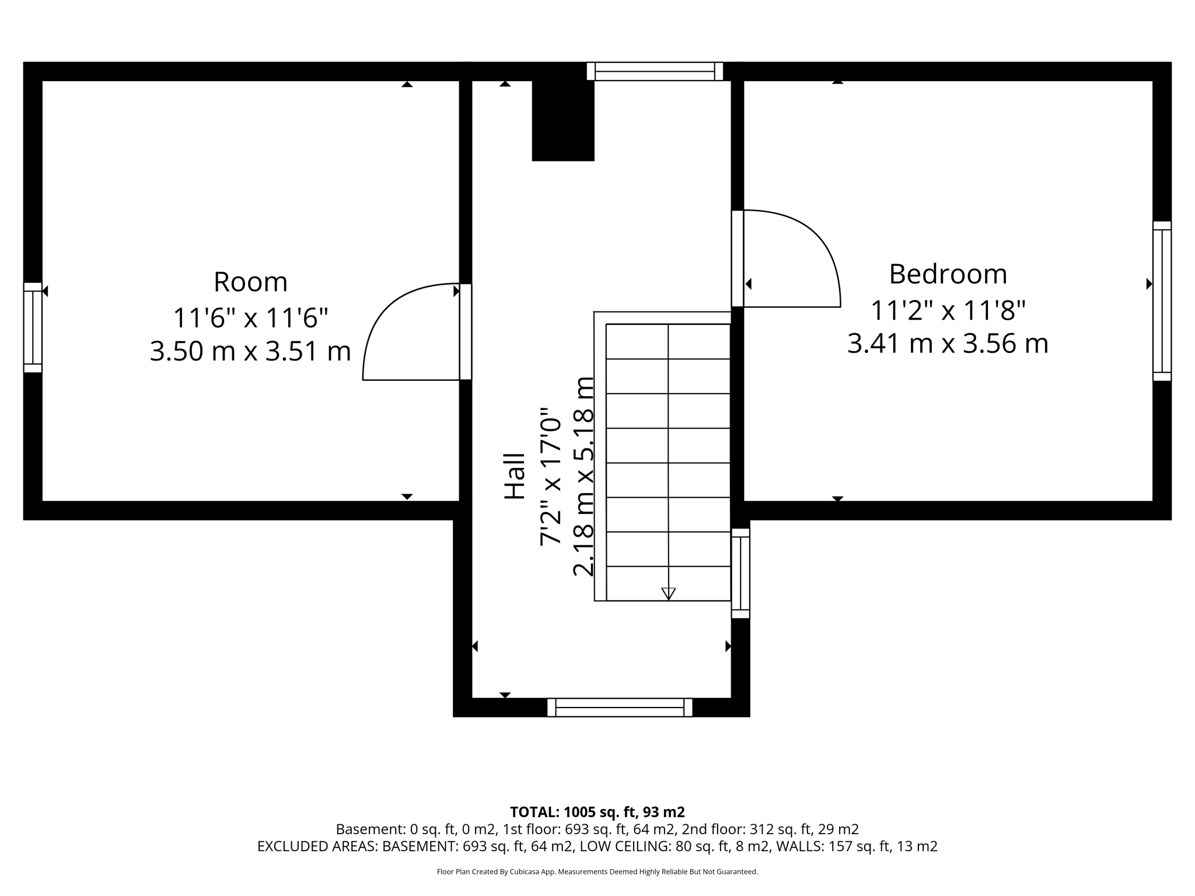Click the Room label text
point(250,282)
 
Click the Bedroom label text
point(948,275)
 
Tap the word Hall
point(515,476)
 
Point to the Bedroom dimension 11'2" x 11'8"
point(948,310)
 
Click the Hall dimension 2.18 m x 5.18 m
point(583,476)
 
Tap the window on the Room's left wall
point(33,327)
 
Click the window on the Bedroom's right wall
point(1162,301)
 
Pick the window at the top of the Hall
point(655,71)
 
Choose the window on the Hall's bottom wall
point(620,708)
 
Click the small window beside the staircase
point(740,573)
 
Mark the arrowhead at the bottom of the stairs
point(669,594)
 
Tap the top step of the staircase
point(668,341)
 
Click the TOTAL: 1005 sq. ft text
point(597,812)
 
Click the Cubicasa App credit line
point(597,872)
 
